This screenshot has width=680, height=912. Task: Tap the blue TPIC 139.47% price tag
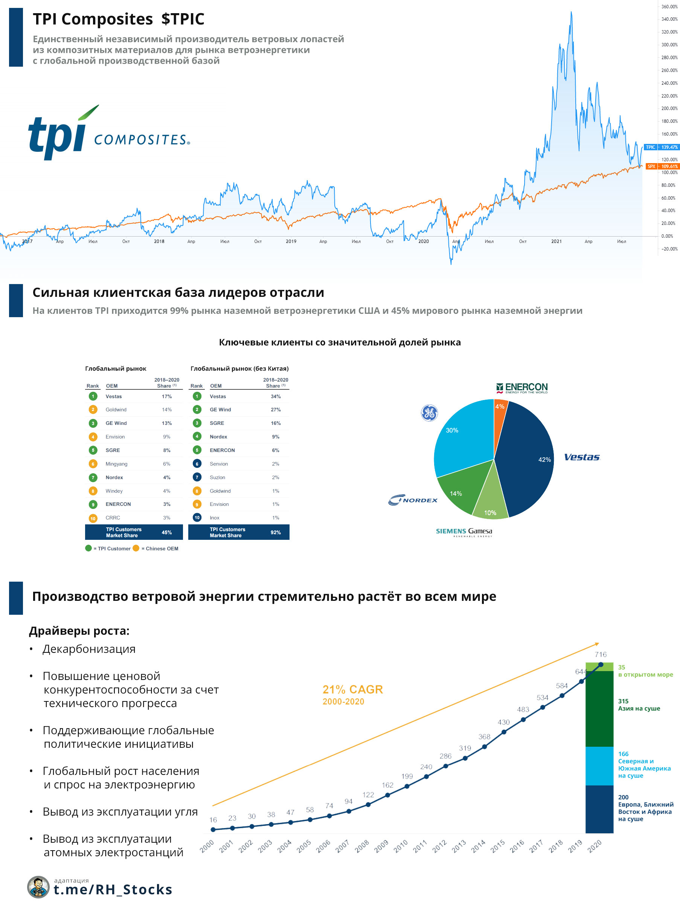tap(661, 147)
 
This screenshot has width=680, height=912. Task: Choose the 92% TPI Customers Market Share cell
tap(275, 532)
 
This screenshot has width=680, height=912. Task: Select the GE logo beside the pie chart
tap(429, 412)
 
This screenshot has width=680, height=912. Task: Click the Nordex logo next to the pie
tap(413, 500)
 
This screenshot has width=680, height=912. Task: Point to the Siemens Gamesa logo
tap(464, 532)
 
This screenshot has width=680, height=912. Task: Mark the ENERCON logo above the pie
tap(522, 388)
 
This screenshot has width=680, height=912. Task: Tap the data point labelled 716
tap(601, 665)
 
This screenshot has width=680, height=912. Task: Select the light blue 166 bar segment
tap(599, 766)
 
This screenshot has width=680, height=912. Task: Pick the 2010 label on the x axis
tap(401, 846)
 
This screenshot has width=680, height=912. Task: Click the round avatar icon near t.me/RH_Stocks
tap(39, 886)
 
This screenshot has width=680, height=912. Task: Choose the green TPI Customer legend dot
tap(88, 548)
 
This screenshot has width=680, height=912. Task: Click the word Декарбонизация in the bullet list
tap(89, 649)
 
